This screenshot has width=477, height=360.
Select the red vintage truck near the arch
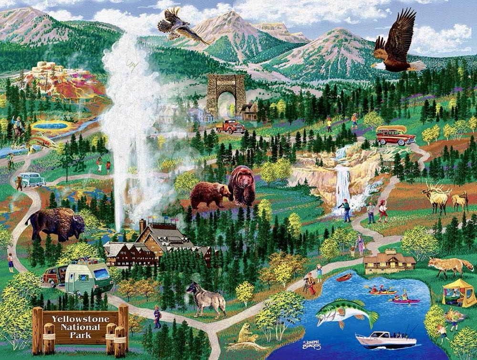(x=231, y=126)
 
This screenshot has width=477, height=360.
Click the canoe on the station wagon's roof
(x=390, y=129)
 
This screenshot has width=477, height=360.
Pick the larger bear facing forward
(x=242, y=185)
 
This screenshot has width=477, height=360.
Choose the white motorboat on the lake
(x=384, y=340)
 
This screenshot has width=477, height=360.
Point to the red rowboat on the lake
(x=344, y=278)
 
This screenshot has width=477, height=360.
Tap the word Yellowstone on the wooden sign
(x=81, y=319)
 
